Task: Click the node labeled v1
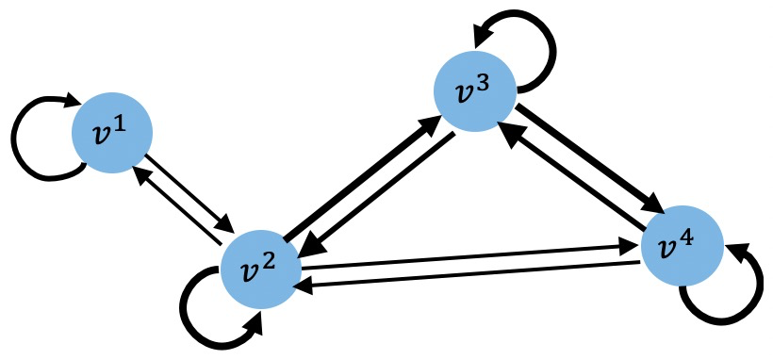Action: pos(112,133)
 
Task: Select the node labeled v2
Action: pos(260,268)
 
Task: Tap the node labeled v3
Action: pos(473,91)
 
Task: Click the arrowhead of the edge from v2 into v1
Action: pos(140,174)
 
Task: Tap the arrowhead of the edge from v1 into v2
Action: pos(225,224)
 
